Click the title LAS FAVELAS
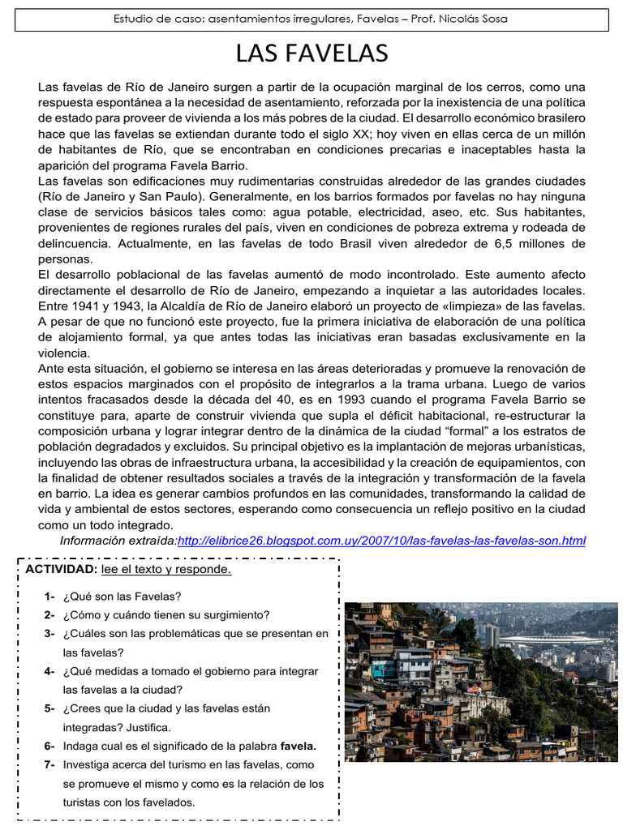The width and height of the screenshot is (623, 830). pyautogui.click(x=311, y=53)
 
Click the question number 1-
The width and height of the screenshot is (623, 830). pyautogui.click(x=49, y=597)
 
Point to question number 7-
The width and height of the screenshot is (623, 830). pyautogui.click(x=49, y=764)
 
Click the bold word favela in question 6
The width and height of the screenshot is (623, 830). pyautogui.click(x=299, y=746)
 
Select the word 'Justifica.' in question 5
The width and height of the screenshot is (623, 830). pyautogui.click(x=146, y=727)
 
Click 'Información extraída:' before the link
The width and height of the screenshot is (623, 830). pyautogui.click(x=118, y=541)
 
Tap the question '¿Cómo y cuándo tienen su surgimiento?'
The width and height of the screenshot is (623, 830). pyautogui.click(x=166, y=615)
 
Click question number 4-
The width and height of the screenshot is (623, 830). pyautogui.click(x=49, y=671)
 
